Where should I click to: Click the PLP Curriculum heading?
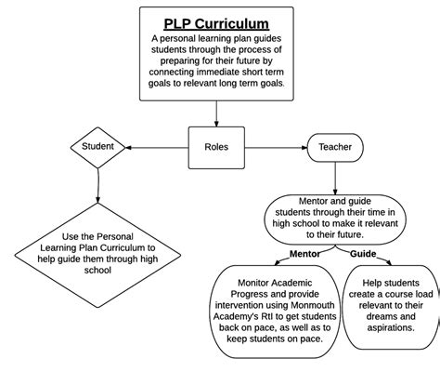[x=216, y=23]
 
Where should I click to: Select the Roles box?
[x=216, y=146]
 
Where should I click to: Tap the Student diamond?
[x=97, y=146]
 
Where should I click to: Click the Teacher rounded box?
[x=335, y=146]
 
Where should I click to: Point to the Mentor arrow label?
[x=304, y=253]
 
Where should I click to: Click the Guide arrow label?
[x=363, y=253]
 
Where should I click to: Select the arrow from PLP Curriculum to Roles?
[x=216, y=112]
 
